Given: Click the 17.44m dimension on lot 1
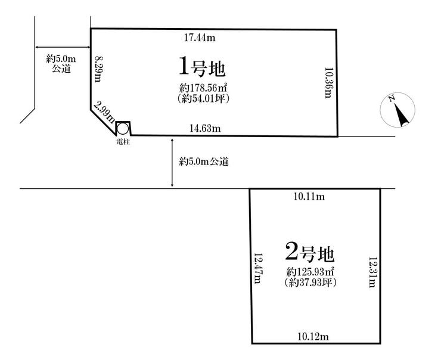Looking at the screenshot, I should click(x=199, y=38).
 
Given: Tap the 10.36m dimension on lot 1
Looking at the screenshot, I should click(x=327, y=82).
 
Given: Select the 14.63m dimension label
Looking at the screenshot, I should click(x=205, y=128).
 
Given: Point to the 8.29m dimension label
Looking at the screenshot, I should click(x=99, y=70).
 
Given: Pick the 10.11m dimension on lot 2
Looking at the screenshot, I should click(x=309, y=197).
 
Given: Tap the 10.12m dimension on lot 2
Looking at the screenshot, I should click(x=312, y=337).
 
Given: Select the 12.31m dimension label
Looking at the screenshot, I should click(x=372, y=272).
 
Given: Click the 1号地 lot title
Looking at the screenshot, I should click(x=201, y=67).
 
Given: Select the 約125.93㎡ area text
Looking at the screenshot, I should click(x=310, y=272).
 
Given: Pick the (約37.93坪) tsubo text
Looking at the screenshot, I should click(x=310, y=283).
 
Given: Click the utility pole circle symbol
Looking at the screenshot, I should click(x=122, y=128).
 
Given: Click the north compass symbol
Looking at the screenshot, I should click(x=397, y=110).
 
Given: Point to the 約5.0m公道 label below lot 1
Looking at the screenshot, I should click(x=204, y=162).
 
